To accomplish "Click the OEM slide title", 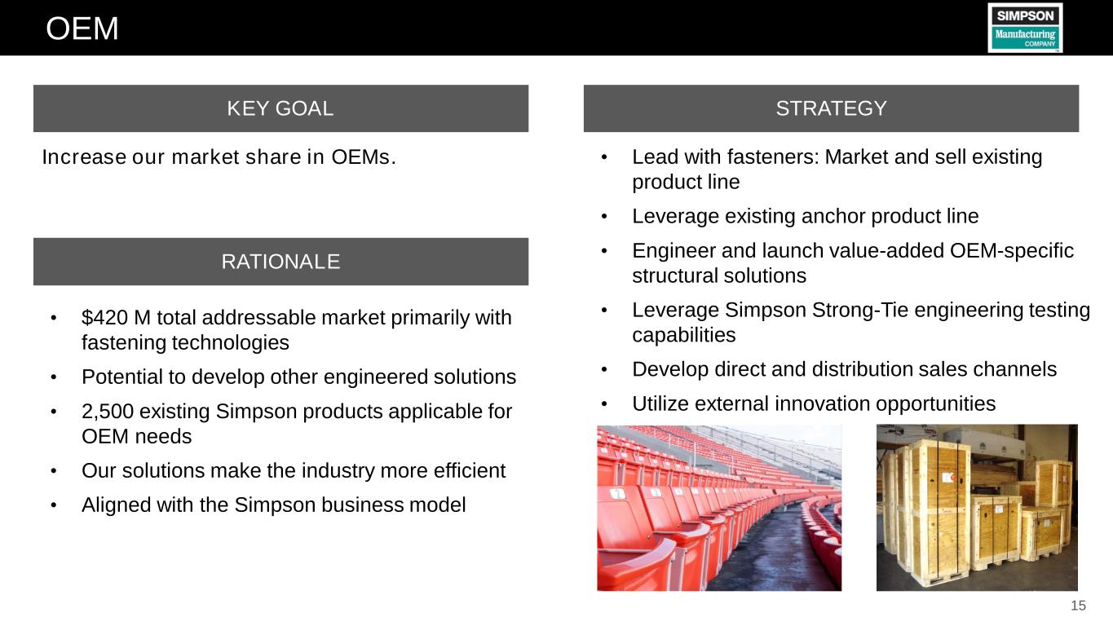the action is point(82,29).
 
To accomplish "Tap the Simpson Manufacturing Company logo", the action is point(1025,28).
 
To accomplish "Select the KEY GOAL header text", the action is point(280,108).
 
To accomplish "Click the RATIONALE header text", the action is point(280,262).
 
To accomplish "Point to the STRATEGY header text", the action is point(831,108).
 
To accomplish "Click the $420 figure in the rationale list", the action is point(104,317).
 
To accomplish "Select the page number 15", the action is point(1078,605).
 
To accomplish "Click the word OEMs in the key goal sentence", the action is point(364,157).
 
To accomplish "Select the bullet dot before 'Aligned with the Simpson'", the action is point(54,505).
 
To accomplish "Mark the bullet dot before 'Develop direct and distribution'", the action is point(604,369).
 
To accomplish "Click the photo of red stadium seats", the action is point(719,508).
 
